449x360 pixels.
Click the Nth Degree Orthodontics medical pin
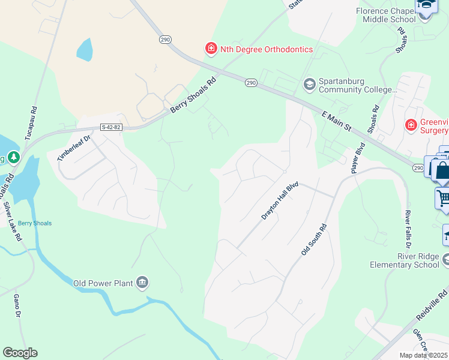211,49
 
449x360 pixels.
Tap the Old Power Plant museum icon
142,283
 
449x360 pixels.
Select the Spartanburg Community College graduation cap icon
310,83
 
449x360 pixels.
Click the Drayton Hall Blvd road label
280,202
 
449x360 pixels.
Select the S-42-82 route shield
111,127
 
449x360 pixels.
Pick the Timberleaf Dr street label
73,148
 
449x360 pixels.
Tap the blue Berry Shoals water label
34,223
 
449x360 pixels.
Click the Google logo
20,353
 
